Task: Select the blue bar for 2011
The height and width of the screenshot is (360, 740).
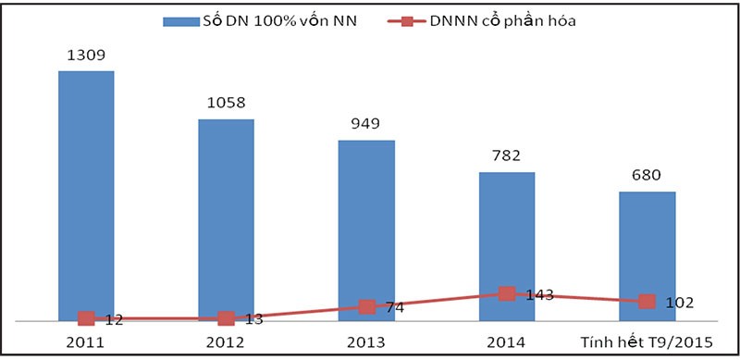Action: pyautogui.click(x=86, y=194)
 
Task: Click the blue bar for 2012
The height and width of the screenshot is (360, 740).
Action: pyautogui.click(x=226, y=218)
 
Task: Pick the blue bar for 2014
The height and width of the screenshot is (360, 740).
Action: pyautogui.click(x=506, y=245)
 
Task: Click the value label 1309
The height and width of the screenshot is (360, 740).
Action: pyautogui.click(x=86, y=55)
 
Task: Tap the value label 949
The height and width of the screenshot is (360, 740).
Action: pyautogui.click(x=366, y=124)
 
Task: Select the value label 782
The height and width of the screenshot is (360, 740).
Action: pyautogui.click(x=506, y=155)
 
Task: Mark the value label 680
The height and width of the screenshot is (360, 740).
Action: pyautogui.click(x=647, y=175)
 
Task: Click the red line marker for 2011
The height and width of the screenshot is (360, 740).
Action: pyautogui.click(x=86, y=318)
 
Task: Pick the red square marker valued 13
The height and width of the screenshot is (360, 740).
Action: pyautogui.click(x=226, y=318)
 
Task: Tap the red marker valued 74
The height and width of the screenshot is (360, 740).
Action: pyautogui.click(x=366, y=306)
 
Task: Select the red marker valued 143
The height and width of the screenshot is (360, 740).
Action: pyautogui.click(x=506, y=293)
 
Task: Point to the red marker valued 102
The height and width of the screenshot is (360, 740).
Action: pyautogui.click(x=647, y=301)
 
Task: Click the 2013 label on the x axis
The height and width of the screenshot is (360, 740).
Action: pyautogui.click(x=366, y=343)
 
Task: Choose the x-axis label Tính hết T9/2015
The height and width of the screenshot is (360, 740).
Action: pyautogui.click(x=647, y=343)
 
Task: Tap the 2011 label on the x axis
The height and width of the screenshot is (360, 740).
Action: pyautogui.click(x=86, y=343)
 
